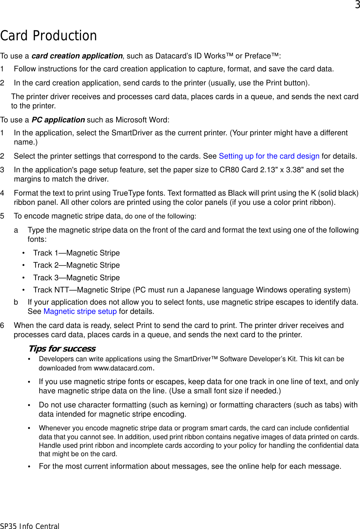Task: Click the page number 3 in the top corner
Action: tap(357, 5)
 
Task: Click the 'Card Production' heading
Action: tap(48, 36)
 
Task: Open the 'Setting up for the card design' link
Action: tap(269, 156)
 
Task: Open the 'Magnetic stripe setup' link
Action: tap(80, 311)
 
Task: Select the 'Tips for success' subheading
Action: tap(62, 349)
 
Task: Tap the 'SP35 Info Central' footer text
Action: tap(30, 526)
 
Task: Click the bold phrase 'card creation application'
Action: tap(77, 56)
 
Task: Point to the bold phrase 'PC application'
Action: tap(58, 120)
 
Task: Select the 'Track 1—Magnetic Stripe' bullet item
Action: tap(76, 253)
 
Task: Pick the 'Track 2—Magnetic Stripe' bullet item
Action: tap(76, 265)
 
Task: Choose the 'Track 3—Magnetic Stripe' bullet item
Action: tap(76, 278)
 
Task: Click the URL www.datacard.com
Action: tap(123, 368)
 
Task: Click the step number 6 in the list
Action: tap(3, 325)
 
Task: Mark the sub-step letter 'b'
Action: tap(16, 302)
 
